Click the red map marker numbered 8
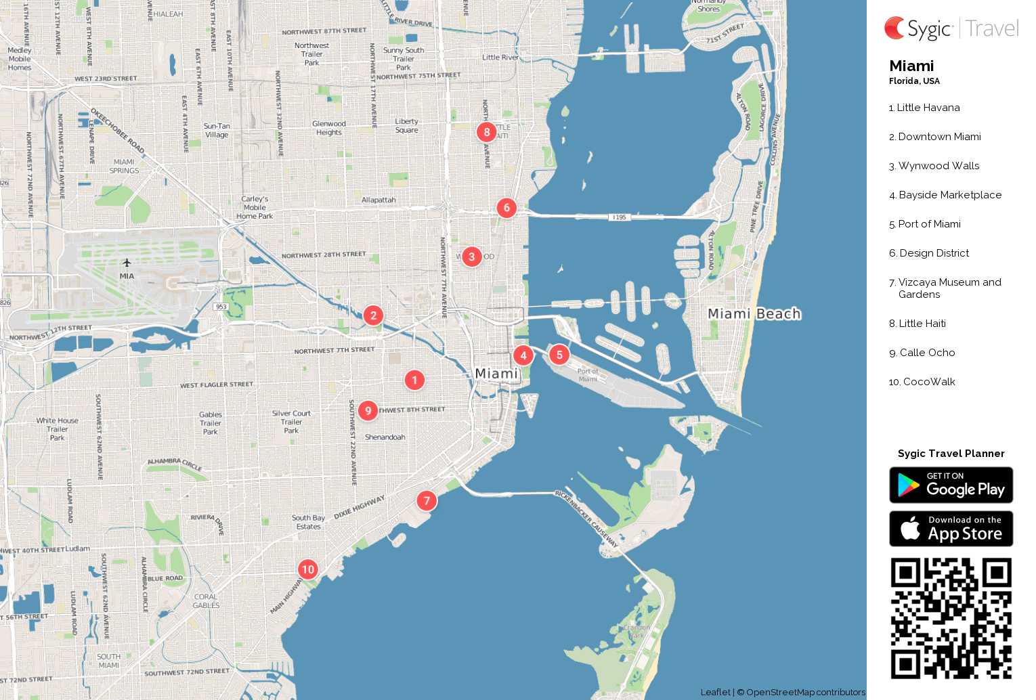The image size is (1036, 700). click(486, 132)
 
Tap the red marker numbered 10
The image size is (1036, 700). click(308, 569)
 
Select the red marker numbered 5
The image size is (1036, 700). click(559, 355)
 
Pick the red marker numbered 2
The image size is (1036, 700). click(373, 315)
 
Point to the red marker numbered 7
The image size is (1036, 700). click(427, 501)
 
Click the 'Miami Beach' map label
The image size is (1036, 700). click(754, 313)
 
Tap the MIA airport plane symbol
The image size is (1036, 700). click(127, 263)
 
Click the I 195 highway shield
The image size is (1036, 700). click(619, 217)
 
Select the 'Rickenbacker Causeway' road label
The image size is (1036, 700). click(586, 519)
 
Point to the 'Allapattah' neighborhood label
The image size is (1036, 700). click(379, 200)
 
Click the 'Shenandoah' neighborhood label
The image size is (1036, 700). click(385, 437)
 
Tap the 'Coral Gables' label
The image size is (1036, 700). click(206, 601)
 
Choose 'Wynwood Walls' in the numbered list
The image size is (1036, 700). click(938, 166)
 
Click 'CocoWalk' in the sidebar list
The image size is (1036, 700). click(928, 382)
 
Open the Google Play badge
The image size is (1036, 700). click(951, 485)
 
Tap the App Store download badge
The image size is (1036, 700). click(951, 529)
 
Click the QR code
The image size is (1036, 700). click(951, 618)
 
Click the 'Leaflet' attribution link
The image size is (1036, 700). click(715, 692)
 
